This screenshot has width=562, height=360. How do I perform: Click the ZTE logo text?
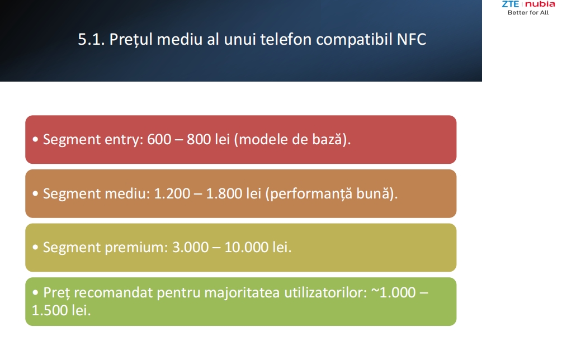click(511, 4)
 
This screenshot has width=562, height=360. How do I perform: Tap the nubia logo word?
click(540, 4)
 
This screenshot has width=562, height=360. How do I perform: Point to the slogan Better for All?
click(528, 12)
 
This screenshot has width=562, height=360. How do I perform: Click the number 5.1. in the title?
click(91, 39)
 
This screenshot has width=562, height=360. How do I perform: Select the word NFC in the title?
click(412, 39)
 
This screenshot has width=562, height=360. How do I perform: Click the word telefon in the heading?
click(286, 39)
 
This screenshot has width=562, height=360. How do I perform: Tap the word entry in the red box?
click(124, 140)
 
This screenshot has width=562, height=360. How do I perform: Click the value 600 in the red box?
click(159, 139)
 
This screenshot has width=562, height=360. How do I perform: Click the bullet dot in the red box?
click(35, 139)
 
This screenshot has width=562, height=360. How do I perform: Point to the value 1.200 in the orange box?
click(172, 193)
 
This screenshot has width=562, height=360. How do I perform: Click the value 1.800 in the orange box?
click(224, 193)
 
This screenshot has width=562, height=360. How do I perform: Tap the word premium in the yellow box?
click(136, 248)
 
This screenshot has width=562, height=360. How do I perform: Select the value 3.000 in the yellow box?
click(190, 247)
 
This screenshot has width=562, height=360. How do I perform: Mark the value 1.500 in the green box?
click(50, 310)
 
